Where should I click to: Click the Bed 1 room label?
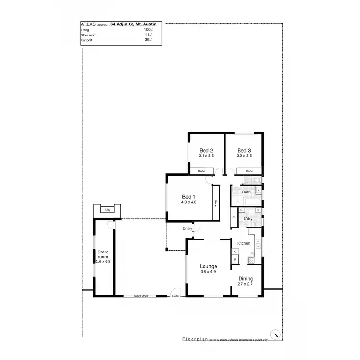tap(189, 196)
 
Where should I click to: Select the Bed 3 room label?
tap(244, 150)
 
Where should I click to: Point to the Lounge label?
tap(209, 266)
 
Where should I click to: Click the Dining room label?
tap(245, 279)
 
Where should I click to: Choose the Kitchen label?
tap(243, 243)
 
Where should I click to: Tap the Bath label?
tap(246, 192)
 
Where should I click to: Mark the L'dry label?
tap(248, 219)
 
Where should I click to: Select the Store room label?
tap(104, 254)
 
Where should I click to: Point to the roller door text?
tap(144, 297)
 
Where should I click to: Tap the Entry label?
tap(187, 228)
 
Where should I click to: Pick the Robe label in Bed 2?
tap(202, 171)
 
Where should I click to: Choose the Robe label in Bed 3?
tap(249, 171)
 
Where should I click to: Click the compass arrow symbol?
tap(275, 335)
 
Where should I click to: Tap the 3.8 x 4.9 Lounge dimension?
tap(209, 272)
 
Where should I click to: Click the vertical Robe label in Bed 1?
tap(216, 204)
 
